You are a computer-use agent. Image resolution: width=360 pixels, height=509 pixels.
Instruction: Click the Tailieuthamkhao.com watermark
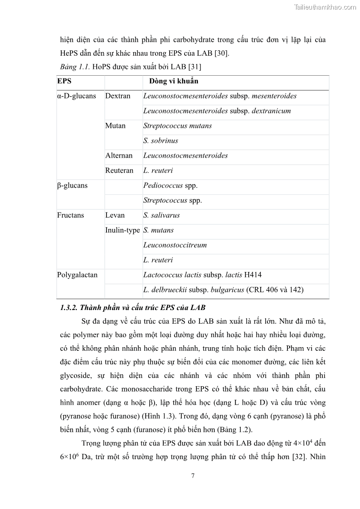pos(325,7)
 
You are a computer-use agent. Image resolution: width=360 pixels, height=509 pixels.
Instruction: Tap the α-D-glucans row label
pos(76,96)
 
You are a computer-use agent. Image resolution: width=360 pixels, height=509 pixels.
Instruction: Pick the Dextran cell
pos(118,96)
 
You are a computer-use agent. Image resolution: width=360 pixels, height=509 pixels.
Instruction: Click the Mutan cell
pos(115,126)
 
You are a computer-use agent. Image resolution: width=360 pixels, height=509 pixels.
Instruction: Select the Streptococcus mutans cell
pos(177,126)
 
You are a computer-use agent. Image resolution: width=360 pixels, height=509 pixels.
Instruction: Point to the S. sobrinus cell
pos(161,141)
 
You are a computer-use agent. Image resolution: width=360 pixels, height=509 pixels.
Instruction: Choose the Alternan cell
pos(119,155)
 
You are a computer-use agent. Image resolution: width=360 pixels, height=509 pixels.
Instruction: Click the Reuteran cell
pos(119,170)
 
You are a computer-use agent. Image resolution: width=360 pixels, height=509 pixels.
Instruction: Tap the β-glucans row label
pos(72,185)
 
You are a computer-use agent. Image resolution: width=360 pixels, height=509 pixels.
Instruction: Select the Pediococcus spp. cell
pos(170,185)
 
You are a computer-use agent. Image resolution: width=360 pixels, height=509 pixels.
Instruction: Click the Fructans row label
pos(70,215)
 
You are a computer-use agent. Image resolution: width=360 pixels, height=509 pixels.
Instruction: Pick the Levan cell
pos(115,215)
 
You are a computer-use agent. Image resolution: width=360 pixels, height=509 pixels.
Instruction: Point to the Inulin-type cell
pos(122,230)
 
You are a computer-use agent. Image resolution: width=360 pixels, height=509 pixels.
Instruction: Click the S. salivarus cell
pos(161,215)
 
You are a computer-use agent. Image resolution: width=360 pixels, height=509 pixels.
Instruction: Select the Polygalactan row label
pos(77,275)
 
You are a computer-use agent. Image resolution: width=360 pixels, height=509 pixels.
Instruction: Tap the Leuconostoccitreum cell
pos(175,245)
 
